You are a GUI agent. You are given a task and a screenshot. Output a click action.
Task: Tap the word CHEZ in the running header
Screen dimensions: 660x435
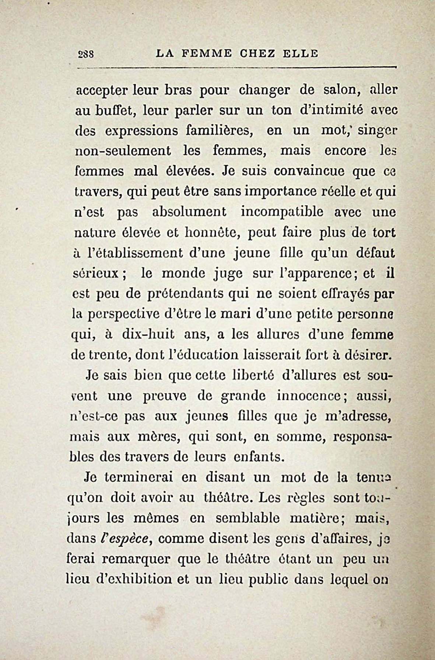click(257, 54)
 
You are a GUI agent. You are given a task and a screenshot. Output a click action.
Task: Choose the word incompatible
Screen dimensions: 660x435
click(282, 212)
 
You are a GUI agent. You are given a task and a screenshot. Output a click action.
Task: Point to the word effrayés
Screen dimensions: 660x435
click(336, 294)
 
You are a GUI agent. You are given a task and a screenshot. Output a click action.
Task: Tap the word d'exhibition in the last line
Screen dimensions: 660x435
click(134, 579)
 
